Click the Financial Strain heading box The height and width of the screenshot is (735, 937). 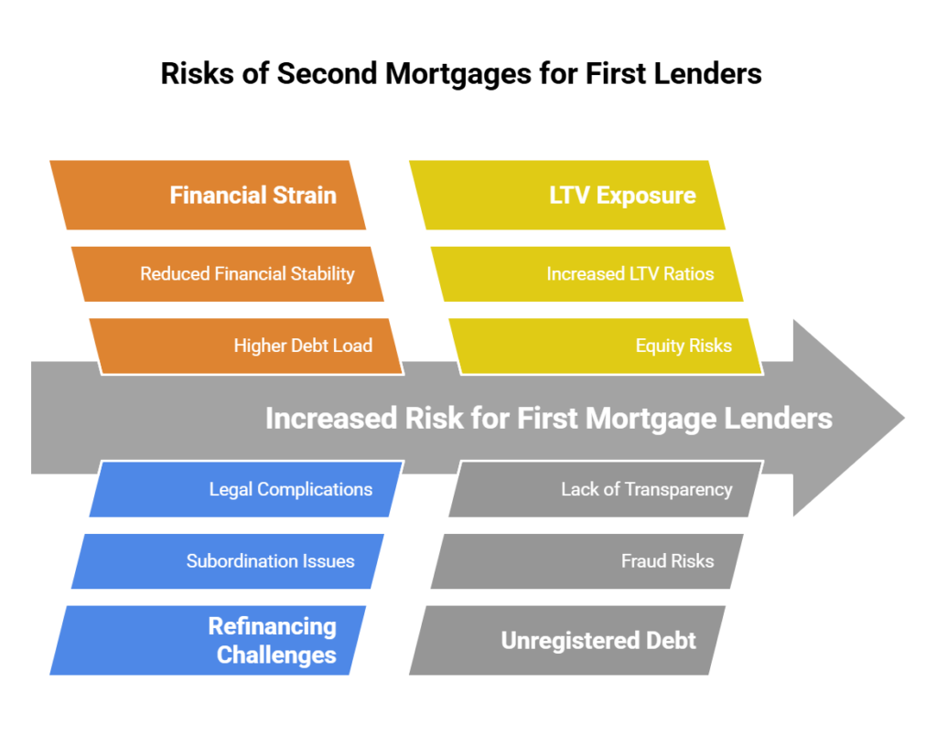(x=209, y=195)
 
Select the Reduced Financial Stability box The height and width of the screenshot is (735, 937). (x=229, y=273)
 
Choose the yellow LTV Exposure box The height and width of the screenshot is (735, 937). (x=567, y=195)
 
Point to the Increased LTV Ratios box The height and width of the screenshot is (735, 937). (x=587, y=273)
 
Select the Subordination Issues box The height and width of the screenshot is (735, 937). (x=229, y=560)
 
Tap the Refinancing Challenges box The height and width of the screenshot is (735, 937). (x=209, y=640)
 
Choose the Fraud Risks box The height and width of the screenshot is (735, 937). (x=587, y=560)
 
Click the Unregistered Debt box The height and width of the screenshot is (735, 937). (x=567, y=640)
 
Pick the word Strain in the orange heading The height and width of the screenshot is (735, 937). (x=302, y=195)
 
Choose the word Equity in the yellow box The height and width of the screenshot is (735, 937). (x=659, y=346)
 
